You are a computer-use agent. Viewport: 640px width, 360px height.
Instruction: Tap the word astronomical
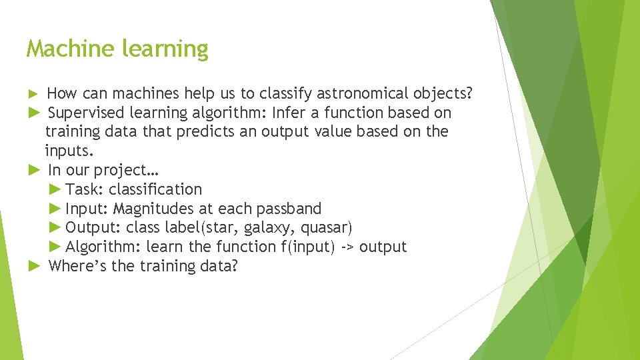352,93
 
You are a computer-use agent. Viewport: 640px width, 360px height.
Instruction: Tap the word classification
155,189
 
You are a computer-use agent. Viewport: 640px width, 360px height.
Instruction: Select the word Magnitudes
154,209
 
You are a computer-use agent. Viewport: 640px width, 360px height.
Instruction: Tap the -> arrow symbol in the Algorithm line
348,247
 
